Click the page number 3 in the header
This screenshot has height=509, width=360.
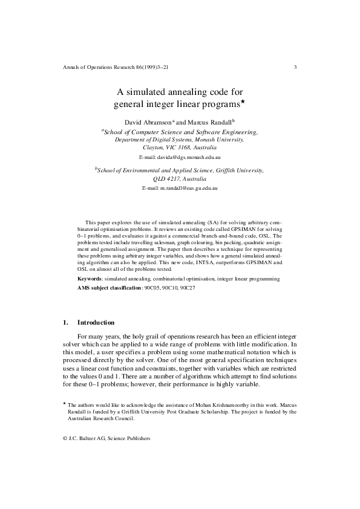click(295, 66)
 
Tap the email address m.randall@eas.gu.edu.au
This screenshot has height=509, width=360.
click(180, 189)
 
